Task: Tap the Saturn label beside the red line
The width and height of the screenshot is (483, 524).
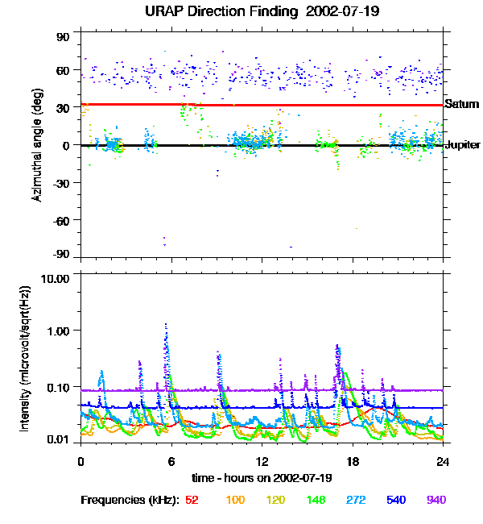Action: coord(462,104)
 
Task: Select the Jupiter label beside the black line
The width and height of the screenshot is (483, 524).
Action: coord(463,145)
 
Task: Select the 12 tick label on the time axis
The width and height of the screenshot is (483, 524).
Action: coord(262,461)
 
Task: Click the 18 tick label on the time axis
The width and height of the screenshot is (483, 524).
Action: coord(353,461)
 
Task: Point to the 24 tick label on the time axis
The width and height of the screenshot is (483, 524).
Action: coord(443,461)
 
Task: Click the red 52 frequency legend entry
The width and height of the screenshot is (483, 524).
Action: coord(192,500)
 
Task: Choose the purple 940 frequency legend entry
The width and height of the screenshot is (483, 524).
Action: coord(436,500)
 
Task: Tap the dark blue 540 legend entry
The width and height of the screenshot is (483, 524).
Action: coord(395,500)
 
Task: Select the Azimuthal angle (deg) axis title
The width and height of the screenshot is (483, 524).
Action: coord(38,146)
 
